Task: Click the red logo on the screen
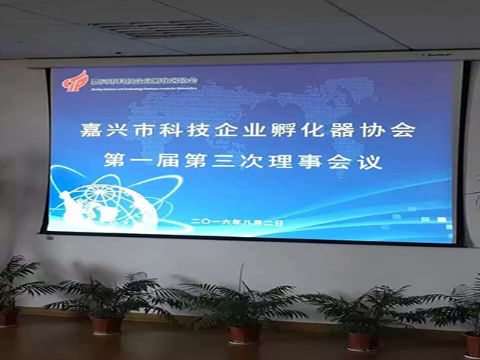coord(76,80)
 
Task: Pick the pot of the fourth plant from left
coord(362,340)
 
